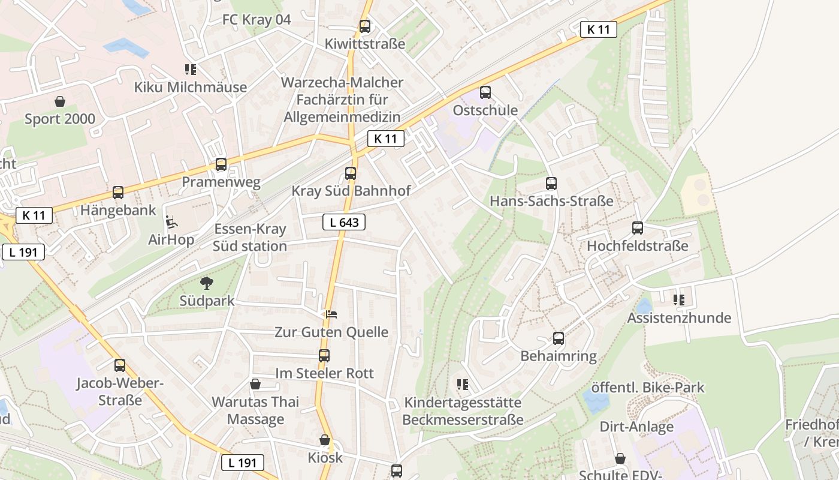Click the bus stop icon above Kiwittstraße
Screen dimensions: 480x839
tap(364, 26)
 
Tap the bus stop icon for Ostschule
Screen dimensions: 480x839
tap(485, 92)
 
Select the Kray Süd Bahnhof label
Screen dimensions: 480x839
tap(351, 191)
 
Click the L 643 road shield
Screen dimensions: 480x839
tap(344, 223)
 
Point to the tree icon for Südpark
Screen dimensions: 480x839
tap(207, 283)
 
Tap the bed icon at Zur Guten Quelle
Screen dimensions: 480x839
tap(331, 314)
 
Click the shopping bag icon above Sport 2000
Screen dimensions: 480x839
tap(59, 101)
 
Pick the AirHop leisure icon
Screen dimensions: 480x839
tap(171, 222)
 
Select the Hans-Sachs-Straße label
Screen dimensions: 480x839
tap(551, 201)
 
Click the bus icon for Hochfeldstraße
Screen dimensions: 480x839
tap(637, 228)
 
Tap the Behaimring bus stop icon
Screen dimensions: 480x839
tap(559, 338)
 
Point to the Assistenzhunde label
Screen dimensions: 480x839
tap(679, 318)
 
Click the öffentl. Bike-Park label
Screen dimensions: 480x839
tap(648, 388)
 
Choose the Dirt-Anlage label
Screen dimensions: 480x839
tap(636, 427)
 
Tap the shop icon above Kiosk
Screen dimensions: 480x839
tap(325, 440)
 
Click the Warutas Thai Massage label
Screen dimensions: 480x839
tap(255, 410)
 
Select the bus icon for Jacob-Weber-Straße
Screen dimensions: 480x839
tap(119, 365)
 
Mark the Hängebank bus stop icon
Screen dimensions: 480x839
tap(118, 193)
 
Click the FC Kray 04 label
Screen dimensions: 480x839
tap(256, 19)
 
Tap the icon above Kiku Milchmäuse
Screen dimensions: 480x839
tap(191, 70)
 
